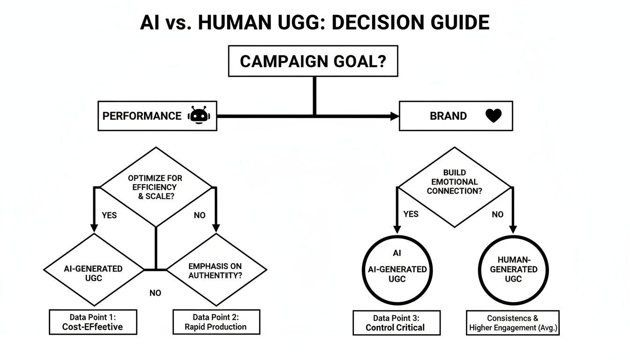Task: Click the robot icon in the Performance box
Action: pos(200,115)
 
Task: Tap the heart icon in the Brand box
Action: pos(493,115)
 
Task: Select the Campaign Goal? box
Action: pos(313,61)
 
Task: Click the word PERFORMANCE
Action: pos(142,116)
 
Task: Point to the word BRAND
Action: pos(448,116)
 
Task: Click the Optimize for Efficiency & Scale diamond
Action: pos(157,187)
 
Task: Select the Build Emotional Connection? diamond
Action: pos(454,187)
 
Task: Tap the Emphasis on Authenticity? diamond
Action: pos(216,270)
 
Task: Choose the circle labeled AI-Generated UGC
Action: pos(397,270)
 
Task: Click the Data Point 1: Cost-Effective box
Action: pos(93,322)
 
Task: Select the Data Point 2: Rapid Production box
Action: pos(216,322)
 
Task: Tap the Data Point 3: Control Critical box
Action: pos(396,322)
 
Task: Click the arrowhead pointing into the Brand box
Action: pos(394,116)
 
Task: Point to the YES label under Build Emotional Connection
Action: pos(411,214)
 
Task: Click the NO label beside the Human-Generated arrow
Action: pos(498,214)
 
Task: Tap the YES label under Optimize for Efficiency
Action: pos(109,216)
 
